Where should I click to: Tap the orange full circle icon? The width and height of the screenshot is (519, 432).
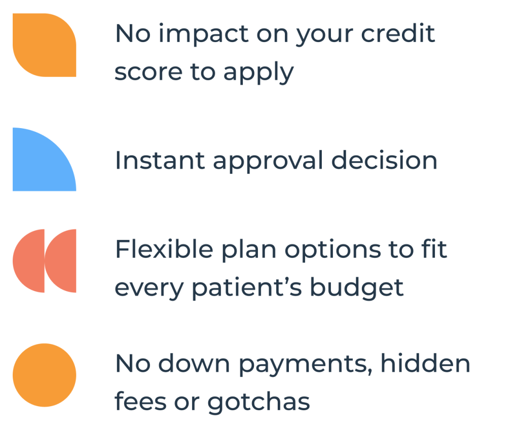click(45, 375)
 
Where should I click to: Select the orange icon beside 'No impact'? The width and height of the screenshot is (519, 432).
click(45, 45)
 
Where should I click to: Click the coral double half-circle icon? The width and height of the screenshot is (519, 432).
click(45, 261)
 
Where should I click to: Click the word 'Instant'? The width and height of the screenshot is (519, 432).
click(160, 161)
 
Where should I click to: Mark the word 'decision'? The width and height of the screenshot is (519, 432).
click(384, 160)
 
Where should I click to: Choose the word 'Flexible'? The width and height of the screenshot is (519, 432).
click(164, 249)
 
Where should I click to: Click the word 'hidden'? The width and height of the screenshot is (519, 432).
click(425, 363)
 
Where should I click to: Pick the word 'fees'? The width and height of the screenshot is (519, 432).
click(140, 401)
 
